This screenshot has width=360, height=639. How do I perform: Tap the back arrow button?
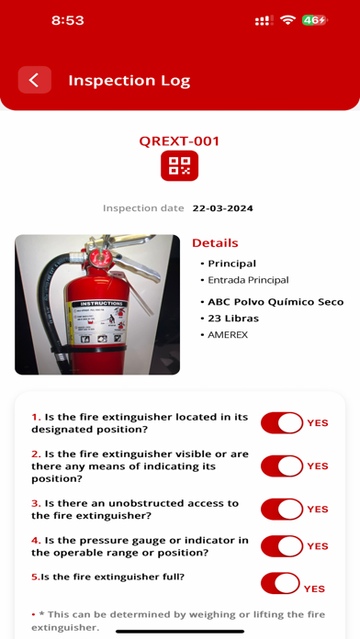[35, 80]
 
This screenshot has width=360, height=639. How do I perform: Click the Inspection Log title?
[129, 81]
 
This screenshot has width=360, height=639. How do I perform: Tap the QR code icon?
[179, 165]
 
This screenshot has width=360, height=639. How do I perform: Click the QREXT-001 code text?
[179, 141]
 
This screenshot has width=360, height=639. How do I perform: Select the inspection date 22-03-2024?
[222, 208]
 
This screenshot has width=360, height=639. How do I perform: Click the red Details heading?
[215, 243]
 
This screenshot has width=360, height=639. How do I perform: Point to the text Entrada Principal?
[248, 280]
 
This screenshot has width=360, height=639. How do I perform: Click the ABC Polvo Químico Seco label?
[276, 302]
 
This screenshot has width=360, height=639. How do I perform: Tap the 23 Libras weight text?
[233, 319]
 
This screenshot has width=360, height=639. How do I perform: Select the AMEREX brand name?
[228, 335]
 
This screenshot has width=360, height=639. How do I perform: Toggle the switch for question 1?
[282, 422]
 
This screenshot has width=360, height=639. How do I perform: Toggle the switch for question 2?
[282, 465]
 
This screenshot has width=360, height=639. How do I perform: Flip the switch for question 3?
[282, 509]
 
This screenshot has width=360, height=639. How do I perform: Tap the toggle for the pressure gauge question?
[282, 546]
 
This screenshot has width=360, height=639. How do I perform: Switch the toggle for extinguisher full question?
[280, 583]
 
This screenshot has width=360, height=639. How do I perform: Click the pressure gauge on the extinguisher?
[97, 258]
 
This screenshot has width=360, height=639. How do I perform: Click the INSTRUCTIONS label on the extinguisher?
[100, 304]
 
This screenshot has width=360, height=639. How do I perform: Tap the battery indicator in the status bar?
[315, 20]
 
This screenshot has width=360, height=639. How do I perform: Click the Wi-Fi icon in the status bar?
[287, 20]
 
